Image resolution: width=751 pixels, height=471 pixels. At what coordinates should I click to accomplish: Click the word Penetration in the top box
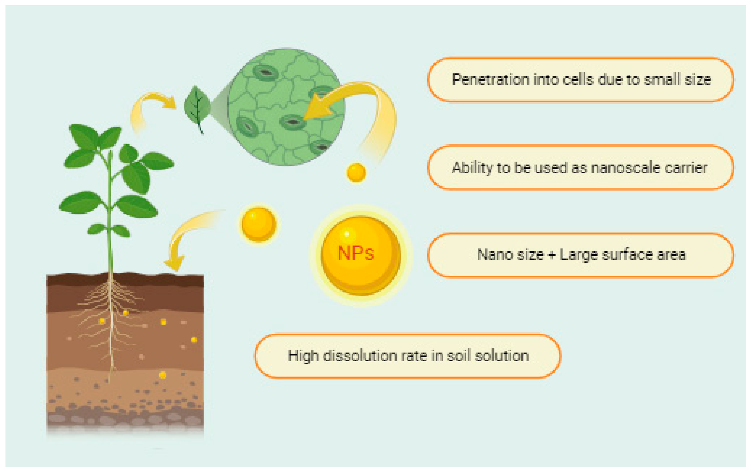coord(490,80)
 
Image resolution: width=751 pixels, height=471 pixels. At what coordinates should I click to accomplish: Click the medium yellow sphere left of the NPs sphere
coord(258,224)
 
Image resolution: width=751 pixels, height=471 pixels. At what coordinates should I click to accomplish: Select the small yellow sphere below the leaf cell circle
coord(356,172)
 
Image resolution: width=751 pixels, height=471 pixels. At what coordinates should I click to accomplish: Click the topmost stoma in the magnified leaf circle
coord(265,72)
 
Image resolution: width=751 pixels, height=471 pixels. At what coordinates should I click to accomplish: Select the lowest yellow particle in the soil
coord(163,375)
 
